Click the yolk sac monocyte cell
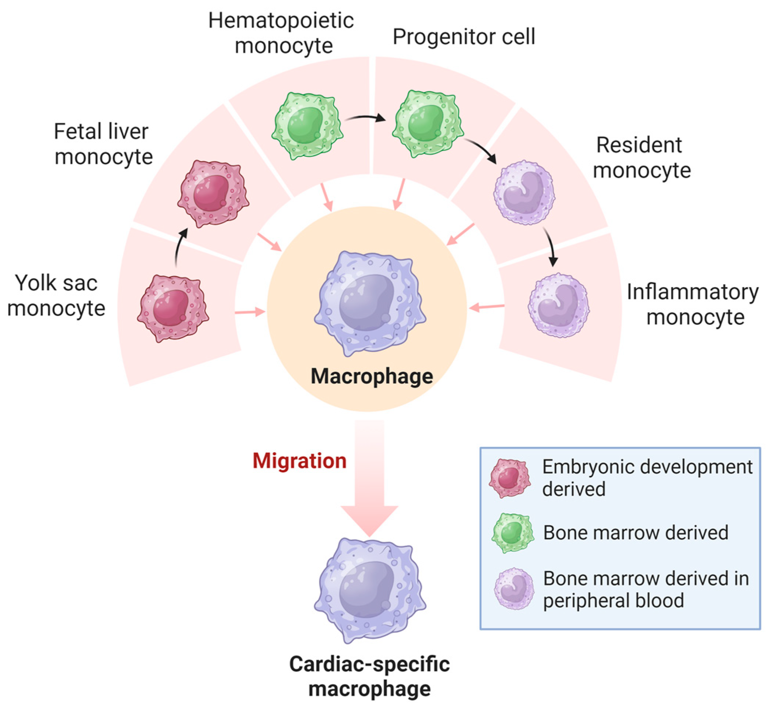click(173, 308)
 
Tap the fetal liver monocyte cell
click(213, 194)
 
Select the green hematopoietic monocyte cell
click(307, 126)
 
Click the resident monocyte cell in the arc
click(524, 192)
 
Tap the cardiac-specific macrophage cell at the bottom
click(370, 590)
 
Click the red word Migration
click(299, 461)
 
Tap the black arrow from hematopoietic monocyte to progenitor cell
click(365, 117)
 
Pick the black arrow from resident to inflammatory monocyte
click(550, 246)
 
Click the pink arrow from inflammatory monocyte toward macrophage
click(486, 307)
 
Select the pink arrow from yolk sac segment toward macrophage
click(250, 312)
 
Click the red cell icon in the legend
click(510, 478)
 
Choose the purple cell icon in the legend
click(514, 588)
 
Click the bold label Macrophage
click(372, 376)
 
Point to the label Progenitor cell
click(463, 37)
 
